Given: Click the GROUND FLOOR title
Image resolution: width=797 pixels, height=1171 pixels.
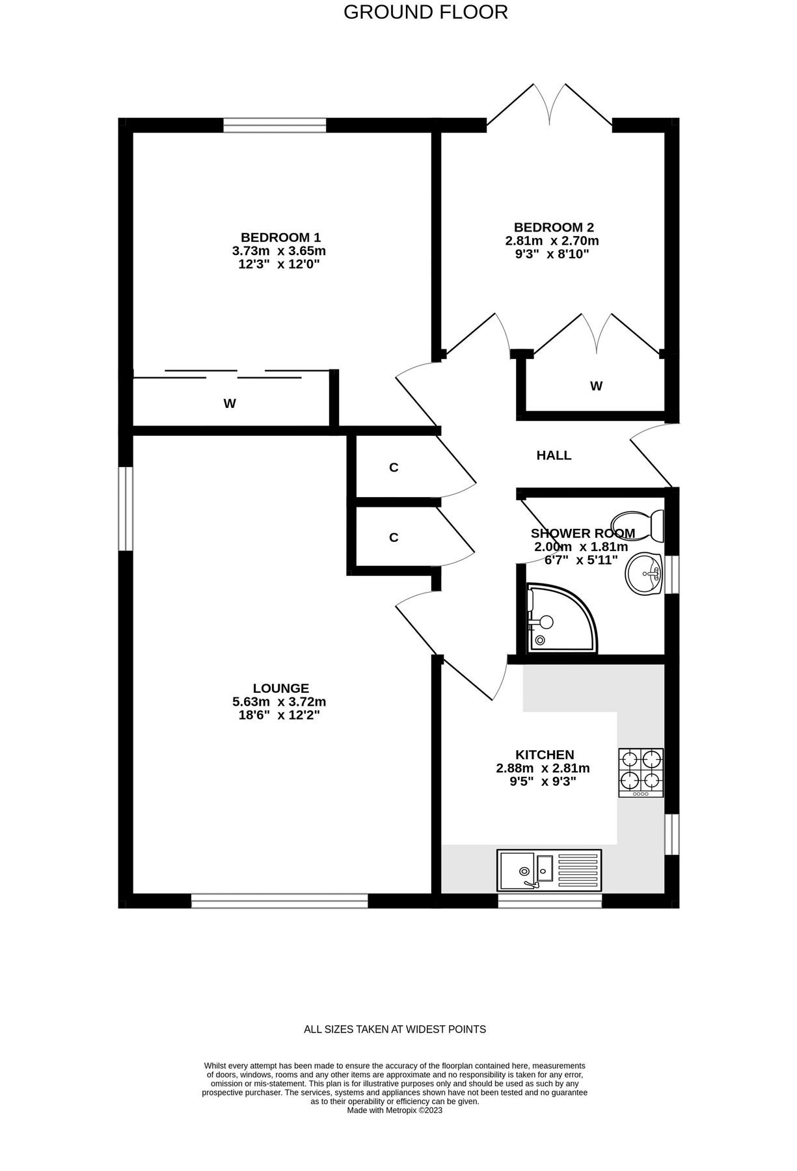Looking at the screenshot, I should [x=426, y=12].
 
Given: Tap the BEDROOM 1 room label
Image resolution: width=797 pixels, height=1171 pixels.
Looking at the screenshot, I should [x=280, y=237].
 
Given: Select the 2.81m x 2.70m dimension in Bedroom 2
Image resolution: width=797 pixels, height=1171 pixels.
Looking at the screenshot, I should [x=552, y=241].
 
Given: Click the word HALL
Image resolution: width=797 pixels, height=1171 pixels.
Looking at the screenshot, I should [x=554, y=455].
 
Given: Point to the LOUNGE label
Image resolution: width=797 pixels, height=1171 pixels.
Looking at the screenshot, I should [x=280, y=688].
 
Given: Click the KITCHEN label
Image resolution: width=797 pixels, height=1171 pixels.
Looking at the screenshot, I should [x=545, y=755].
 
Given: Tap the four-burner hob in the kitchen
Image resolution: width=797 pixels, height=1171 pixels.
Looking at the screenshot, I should [x=641, y=772].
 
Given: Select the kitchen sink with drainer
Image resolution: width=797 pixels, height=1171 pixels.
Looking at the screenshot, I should [x=549, y=870].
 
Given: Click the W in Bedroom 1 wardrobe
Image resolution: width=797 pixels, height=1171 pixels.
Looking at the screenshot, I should [x=230, y=403].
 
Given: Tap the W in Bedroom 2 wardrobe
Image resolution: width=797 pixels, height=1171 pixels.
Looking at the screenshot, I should [x=596, y=386].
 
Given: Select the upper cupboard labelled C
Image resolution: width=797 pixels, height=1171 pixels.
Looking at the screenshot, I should [x=394, y=467].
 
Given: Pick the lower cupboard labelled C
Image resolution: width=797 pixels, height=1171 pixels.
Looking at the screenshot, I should [x=394, y=537].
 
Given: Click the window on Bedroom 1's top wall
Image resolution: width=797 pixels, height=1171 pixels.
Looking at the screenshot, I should [x=274, y=125].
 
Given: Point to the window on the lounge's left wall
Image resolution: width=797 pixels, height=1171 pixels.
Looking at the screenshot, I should [x=125, y=508].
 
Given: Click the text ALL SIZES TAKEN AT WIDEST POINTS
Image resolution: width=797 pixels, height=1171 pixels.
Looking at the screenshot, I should [x=395, y=1029].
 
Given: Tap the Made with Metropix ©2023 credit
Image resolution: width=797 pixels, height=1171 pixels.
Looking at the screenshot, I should [x=395, y=1110].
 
